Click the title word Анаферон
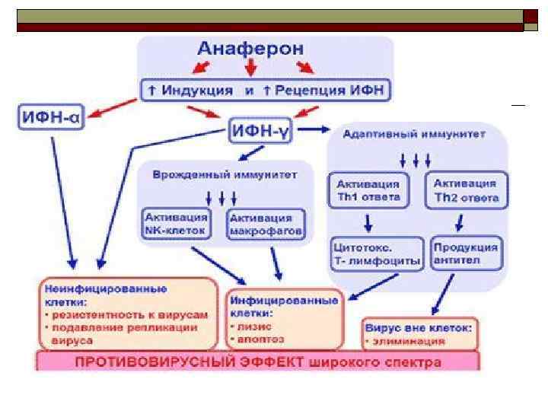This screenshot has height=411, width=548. pyautogui.click(x=250, y=49)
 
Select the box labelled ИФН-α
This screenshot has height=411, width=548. pyautogui.click(x=52, y=119)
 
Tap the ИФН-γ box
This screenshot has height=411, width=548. pyautogui.click(x=260, y=131)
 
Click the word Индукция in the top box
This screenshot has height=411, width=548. pyautogui.click(x=199, y=91)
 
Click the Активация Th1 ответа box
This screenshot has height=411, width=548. pyautogui.click(x=368, y=191)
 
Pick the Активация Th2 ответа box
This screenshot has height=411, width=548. pyautogui.click(x=465, y=191)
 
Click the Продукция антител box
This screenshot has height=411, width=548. pyautogui.click(x=465, y=253)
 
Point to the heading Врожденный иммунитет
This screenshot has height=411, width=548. pyautogui.click(x=225, y=174)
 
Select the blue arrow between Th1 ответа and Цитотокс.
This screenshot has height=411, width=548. pyautogui.click(x=368, y=223)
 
